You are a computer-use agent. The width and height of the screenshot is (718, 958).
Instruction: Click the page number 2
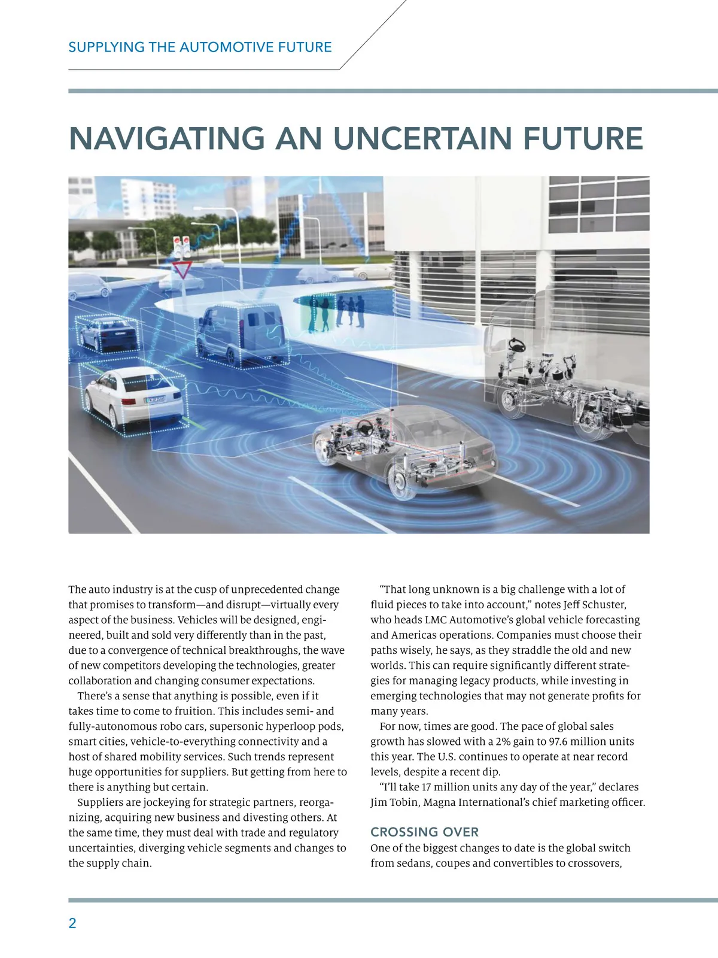(72, 923)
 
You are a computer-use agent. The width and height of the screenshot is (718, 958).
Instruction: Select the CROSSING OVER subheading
(424, 832)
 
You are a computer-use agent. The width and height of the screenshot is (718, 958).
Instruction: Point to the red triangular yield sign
(182, 270)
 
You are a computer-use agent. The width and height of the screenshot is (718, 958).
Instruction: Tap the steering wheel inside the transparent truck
(515, 345)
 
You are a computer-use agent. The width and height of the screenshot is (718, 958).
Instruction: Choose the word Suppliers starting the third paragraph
(100, 802)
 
